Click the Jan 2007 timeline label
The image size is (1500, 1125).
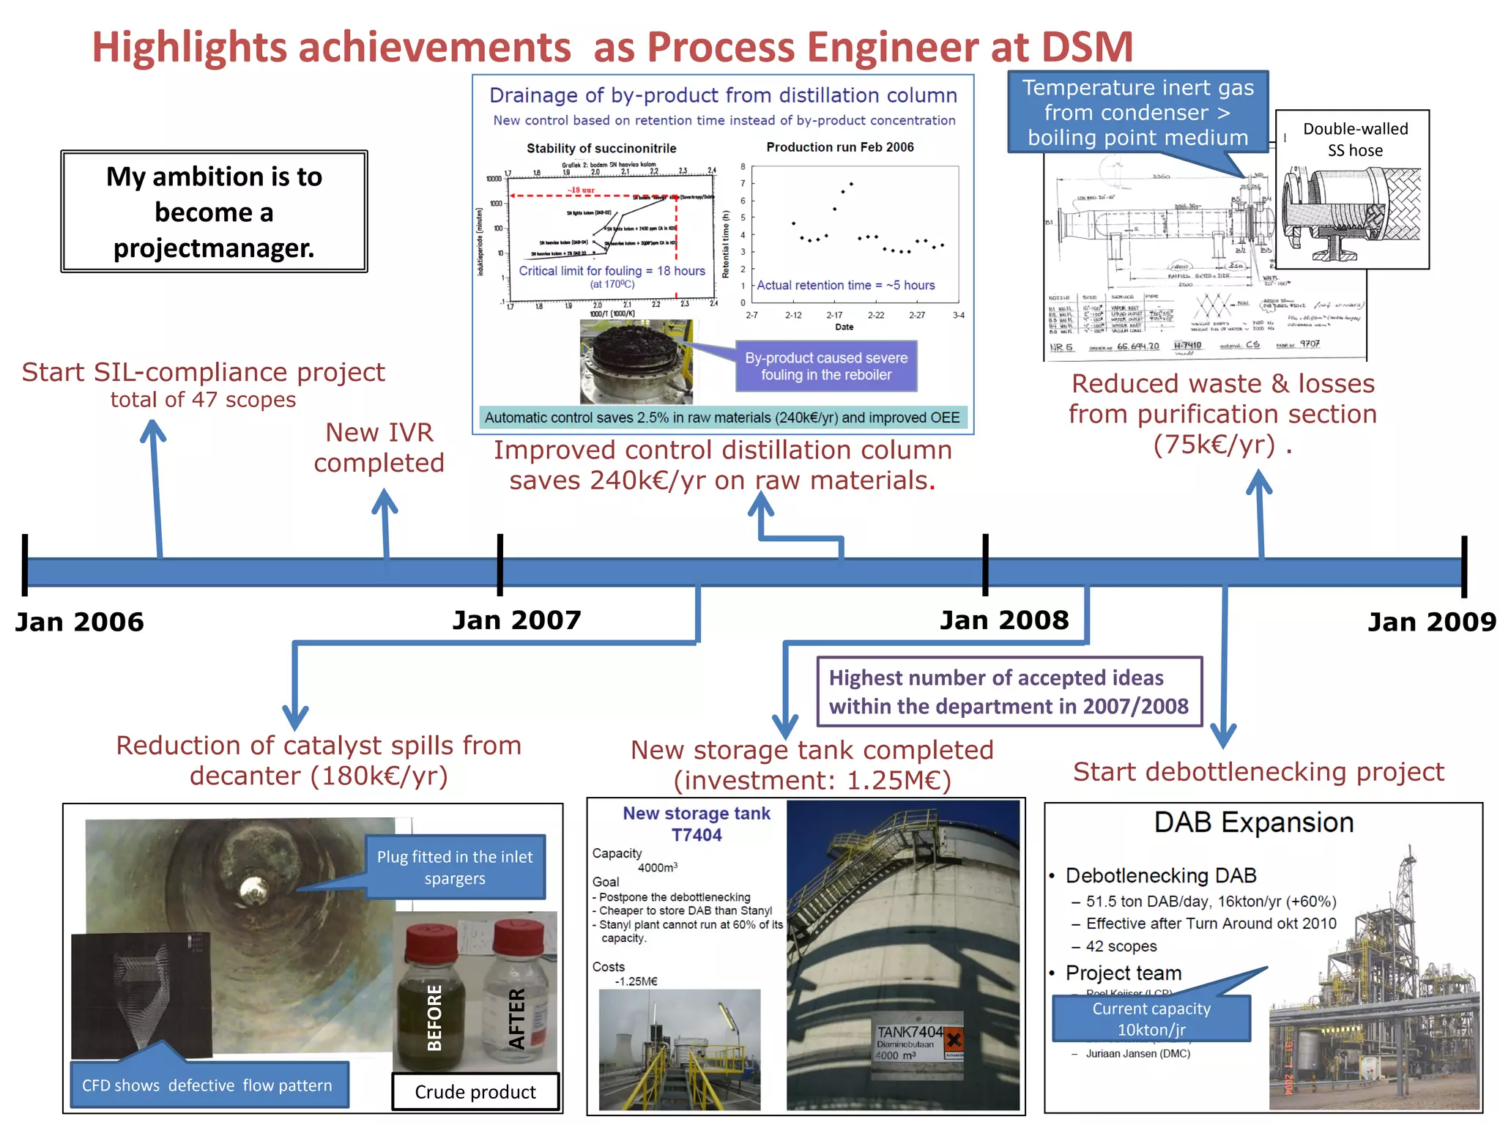(516, 620)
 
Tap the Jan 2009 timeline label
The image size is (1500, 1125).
(1431, 622)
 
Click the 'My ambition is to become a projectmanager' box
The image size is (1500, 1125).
(214, 212)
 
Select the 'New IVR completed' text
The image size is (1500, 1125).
(379, 448)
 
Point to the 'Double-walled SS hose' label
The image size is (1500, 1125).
(1355, 139)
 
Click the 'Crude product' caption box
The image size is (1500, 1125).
(475, 1091)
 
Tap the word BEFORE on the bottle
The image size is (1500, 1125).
(434, 1017)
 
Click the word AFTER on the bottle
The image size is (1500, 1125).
(517, 1018)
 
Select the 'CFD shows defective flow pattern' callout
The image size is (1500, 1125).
(207, 1085)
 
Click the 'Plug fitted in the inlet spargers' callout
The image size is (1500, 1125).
(455, 867)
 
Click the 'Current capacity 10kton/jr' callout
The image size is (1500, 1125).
(1151, 1019)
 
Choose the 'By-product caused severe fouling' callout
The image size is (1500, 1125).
(825, 366)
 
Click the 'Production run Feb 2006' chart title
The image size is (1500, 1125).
(839, 147)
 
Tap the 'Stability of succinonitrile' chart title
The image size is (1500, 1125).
(601, 148)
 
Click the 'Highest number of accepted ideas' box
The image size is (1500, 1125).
(1009, 691)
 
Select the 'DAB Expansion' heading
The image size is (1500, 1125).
(1253, 823)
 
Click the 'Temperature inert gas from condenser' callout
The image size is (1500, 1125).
(1137, 112)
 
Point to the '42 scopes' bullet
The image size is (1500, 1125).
(1121, 946)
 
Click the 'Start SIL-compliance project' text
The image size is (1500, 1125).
(203, 372)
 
